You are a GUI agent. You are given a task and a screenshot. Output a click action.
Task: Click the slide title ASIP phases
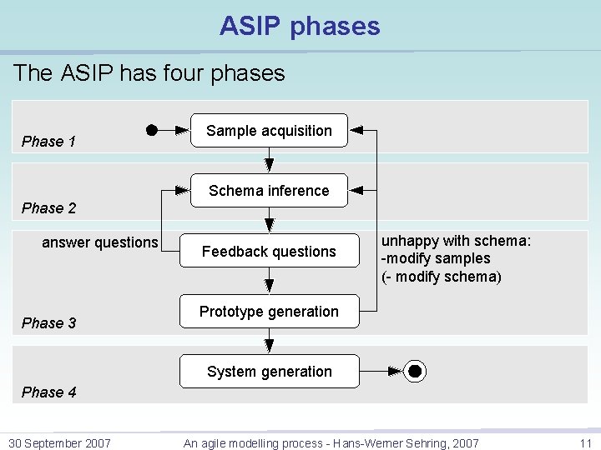[x=300, y=26]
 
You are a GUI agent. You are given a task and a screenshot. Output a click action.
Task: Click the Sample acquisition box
[x=269, y=131]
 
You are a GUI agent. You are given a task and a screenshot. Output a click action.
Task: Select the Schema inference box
[x=269, y=191]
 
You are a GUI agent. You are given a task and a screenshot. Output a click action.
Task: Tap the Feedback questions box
[x=269, y=252]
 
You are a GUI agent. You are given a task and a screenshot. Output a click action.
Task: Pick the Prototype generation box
[x=269, y=312]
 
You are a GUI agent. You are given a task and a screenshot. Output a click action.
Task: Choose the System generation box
[x=269, y=372]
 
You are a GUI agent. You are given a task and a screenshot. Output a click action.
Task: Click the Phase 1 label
[x=48, y=142]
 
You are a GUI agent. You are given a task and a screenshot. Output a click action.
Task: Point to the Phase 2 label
[x=48, y=208]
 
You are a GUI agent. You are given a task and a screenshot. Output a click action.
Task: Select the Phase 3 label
[x=48, y=323]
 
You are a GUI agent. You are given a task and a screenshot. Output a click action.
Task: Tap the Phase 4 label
[x=48, y=392]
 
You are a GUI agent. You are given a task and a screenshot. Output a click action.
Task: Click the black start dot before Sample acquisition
[x=151, y=130]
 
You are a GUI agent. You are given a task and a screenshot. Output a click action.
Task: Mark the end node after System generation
[x=415, y=372]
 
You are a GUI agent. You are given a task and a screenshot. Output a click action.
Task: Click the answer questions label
[x=99, y=242]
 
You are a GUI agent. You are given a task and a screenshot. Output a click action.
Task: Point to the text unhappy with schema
[x=456, y=241]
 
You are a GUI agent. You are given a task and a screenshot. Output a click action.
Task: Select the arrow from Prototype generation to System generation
[x=269, y=341]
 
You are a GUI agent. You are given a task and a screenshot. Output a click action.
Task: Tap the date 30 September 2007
[x=59, y=443]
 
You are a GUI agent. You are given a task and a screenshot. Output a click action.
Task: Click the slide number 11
[x=584, y=443]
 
